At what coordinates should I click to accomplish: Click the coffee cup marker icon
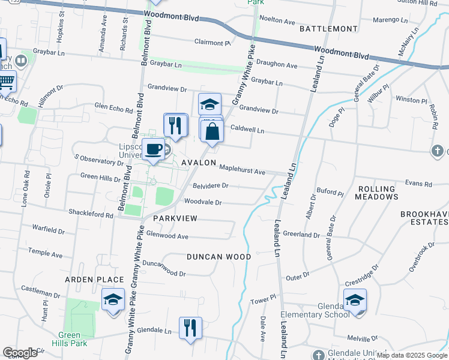(x=154, y=149)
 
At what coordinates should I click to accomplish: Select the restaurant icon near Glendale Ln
(x=190, y=328)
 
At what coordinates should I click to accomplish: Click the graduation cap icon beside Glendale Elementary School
(x=355, y=299)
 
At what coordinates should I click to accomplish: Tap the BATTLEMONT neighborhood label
(x=328, y=29)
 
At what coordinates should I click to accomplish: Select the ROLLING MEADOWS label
(x=378, y=193)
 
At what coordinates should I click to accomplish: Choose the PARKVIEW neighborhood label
(x=175, y=218)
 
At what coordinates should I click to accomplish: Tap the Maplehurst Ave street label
(x=242, y=171)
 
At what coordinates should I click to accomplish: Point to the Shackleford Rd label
(x=91, y=215)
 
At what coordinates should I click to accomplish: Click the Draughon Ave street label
(x=277, y=65)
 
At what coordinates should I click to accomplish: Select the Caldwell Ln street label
(x=248, y=128)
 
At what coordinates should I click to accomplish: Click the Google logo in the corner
(x=20, y=353)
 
